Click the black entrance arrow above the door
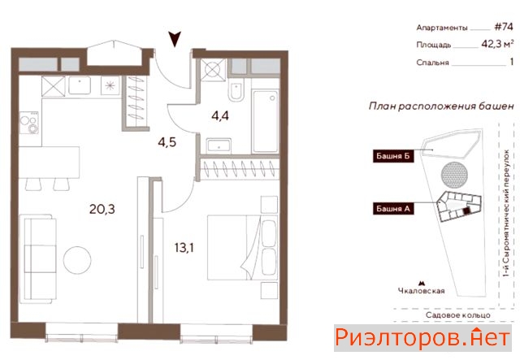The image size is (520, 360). coord(175,38)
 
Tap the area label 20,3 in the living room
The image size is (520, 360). coord(102,210)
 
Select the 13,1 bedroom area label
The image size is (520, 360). coord(184,248)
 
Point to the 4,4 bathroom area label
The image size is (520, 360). coord(220,116)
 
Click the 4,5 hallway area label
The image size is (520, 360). coord(167,142)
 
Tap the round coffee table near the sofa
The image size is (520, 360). coord(77,260)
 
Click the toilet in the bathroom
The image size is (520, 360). coord(236,90)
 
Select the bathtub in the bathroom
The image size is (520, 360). coord(265,121)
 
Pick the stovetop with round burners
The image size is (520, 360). coord(29,123)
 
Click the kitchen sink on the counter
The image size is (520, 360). coord(80,85)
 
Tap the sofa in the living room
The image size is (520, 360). coord(38,258)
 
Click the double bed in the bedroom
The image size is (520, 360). coord(242,248)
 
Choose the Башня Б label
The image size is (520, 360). coord(393,156)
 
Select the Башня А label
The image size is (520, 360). coord(393,209)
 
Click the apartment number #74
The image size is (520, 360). coord(504,27)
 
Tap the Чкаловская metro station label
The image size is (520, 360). coord(421,291)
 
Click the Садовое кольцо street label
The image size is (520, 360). coord(458,314)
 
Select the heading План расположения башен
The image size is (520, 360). coord(441,106)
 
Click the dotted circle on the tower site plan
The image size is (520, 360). coord(454,175)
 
